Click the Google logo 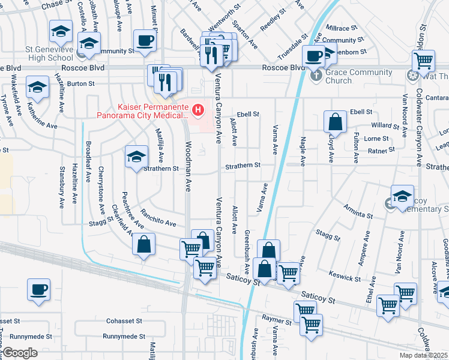pyautogui.click(x=20, y=352)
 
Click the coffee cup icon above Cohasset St pyautogui.click(x=39, y=289)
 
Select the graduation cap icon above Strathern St pyautogui.click(x=136, y=157)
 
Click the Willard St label pyautogui.click(x=384, y=126)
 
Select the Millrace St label pyautogui.click(x=340, y=28)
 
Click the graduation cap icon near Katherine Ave pyautogui.click(x=37, y=88)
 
